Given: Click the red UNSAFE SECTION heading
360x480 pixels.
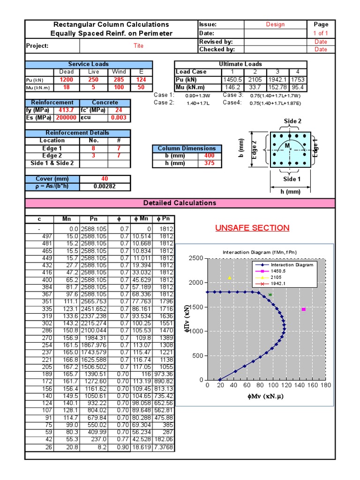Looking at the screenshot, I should (x=252, y=228).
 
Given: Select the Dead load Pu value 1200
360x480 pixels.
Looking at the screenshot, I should (x=67, y=80).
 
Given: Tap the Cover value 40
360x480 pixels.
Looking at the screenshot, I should (x=105, y=179).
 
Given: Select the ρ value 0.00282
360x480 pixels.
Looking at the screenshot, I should (x=105, y=186).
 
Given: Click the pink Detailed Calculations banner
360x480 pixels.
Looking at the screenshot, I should (x=180, y=203).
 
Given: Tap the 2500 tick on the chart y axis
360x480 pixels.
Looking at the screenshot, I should (x=196, y=259).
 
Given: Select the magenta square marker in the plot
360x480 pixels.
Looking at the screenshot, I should (x=304, y=309).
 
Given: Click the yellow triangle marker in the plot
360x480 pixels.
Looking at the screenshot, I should (x=230, y=278).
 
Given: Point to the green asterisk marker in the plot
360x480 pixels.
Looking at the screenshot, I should (x=270, y=295).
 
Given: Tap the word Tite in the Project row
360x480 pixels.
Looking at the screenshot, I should (x=139, y=46).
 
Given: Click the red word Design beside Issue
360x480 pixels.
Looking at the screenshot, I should (x=275, y=24).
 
